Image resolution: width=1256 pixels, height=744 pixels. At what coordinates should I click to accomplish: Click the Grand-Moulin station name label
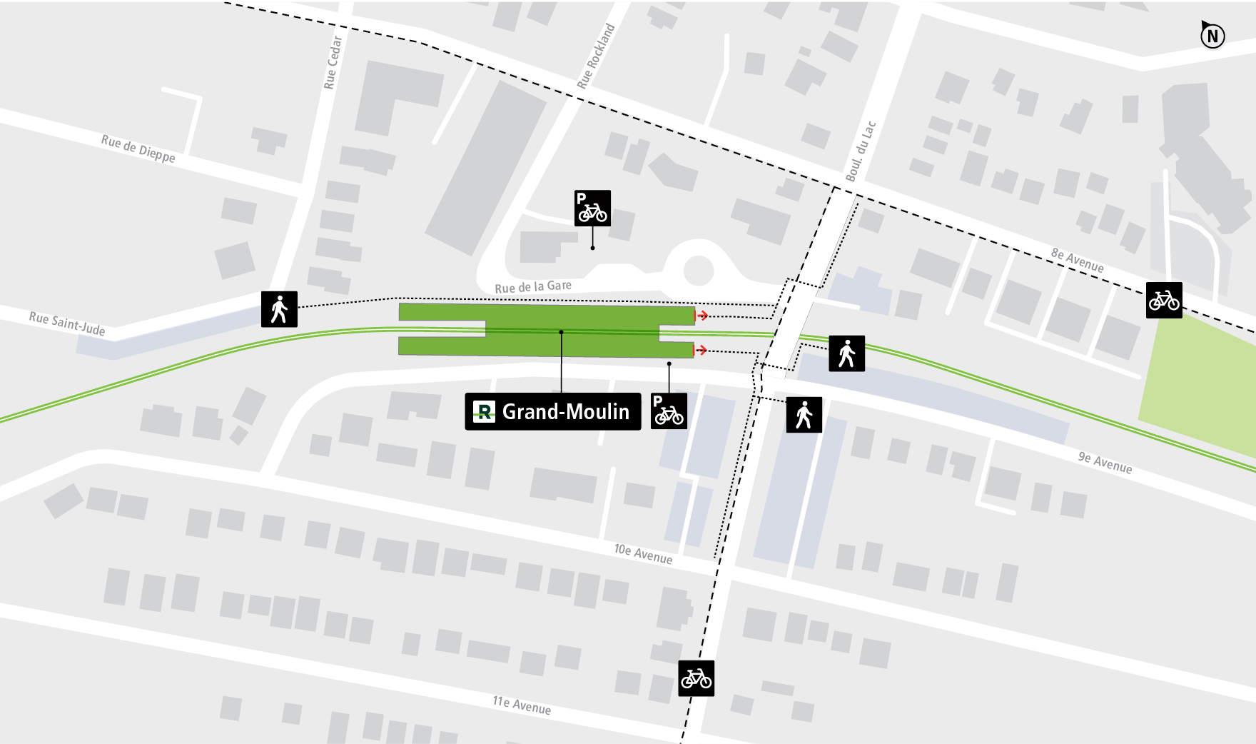[565, 412]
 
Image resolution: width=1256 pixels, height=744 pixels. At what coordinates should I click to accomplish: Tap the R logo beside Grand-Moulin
[484, 412]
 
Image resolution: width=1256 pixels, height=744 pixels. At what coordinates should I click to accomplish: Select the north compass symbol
[1212, 35]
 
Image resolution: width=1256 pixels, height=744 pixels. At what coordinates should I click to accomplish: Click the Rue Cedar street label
[333, 63]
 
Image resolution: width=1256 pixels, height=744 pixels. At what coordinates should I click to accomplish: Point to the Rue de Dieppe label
[138, 149]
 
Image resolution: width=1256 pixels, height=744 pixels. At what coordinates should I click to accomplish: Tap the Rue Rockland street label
[596, 56]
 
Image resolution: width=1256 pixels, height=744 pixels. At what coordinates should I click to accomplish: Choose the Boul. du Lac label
[861, 151]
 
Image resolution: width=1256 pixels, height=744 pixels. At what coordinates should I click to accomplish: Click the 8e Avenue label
[1077, 260]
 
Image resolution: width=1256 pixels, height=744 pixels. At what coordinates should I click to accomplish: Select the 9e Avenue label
[1105, 462]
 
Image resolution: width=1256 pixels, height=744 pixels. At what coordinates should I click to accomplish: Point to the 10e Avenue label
[643, 553]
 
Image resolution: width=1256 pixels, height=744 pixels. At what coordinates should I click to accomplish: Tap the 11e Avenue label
[522, 705]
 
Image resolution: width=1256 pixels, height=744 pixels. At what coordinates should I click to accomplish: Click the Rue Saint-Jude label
[67, 323]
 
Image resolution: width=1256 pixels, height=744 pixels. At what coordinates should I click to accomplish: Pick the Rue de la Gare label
[533, 286]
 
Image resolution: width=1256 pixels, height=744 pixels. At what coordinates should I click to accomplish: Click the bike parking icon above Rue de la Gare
[592, 208]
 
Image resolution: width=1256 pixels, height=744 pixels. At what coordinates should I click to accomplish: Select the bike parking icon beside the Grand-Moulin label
[669, 411]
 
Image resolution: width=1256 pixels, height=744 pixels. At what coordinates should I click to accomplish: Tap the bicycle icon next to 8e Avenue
[1163, 300]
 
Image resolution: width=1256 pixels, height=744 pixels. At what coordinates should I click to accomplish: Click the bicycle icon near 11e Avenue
[696, 678]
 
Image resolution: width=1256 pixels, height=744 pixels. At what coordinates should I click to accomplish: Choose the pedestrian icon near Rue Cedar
[279, 309]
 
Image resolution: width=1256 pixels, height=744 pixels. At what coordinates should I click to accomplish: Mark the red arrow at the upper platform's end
[702, 316]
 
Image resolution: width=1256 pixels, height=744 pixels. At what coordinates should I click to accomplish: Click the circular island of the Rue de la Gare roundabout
[699, 271]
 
